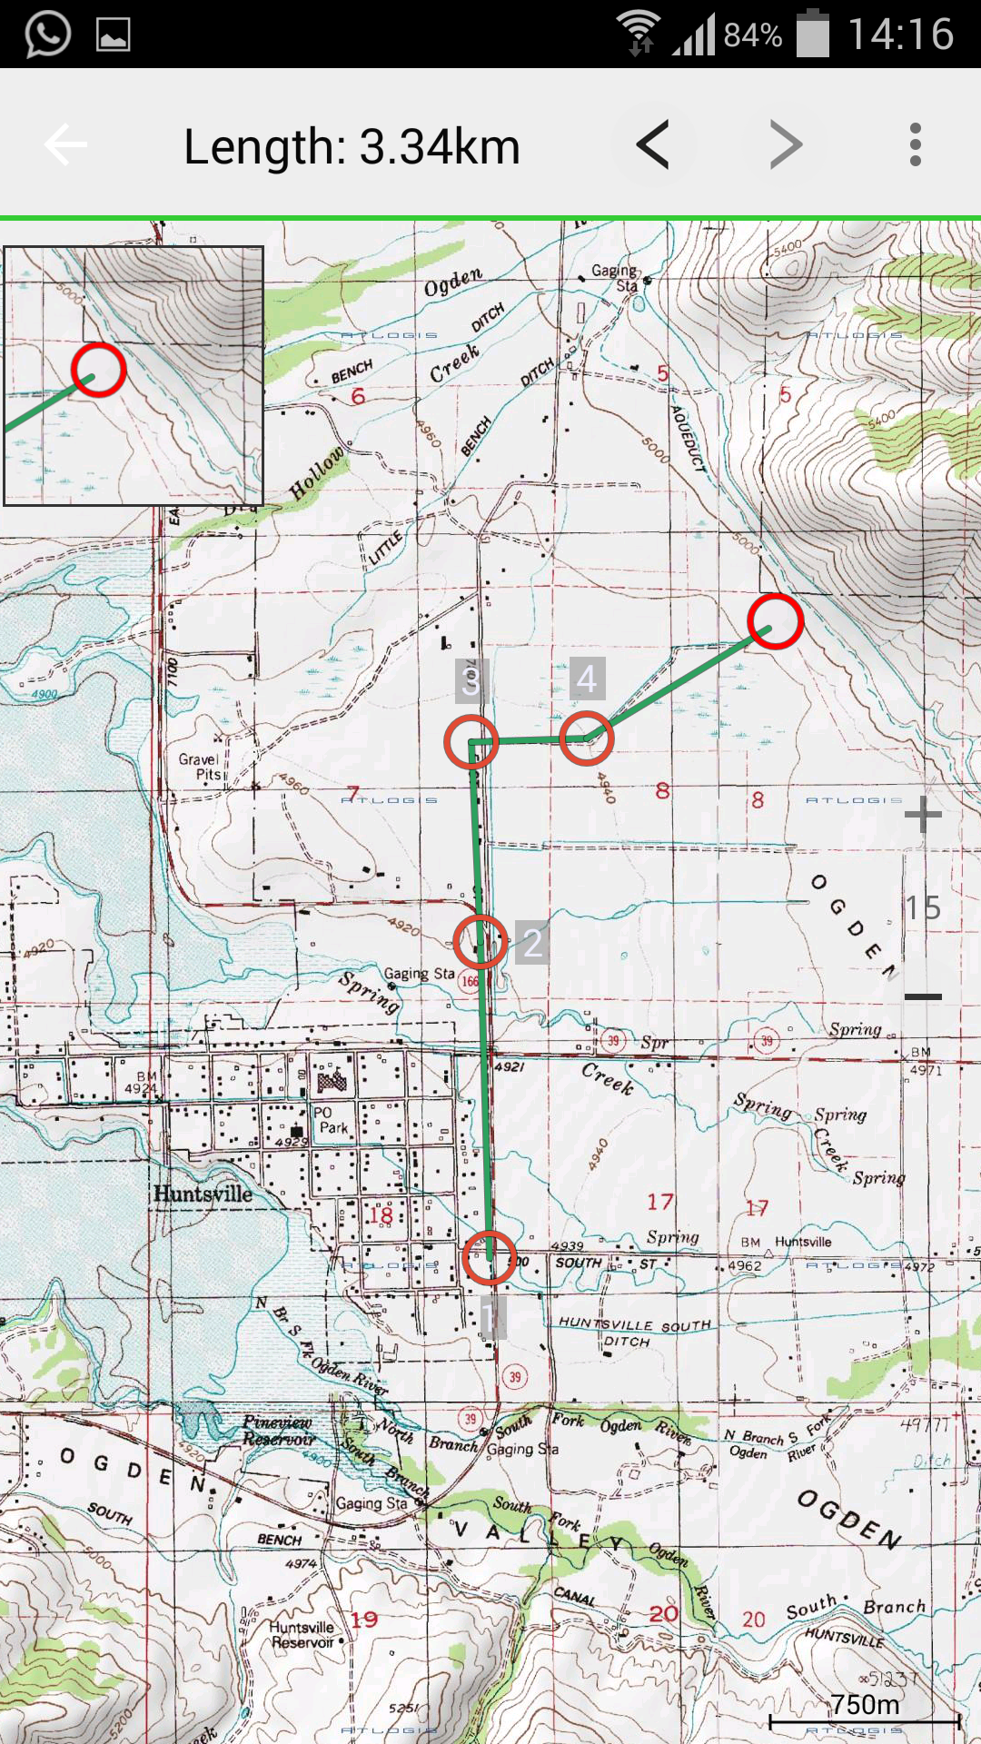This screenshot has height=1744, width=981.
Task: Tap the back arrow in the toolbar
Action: (65, 145)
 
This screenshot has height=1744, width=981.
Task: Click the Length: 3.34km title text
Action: (352, 146)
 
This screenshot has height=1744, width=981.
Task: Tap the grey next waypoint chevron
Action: (786, 145)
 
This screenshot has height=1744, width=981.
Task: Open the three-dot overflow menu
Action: (915, 145)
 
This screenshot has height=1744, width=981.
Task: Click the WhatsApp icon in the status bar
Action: (47, 35)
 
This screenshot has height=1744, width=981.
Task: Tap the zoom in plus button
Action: (923, 814)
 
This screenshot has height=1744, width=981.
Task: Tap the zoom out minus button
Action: (923, 996)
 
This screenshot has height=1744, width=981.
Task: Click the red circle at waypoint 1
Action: (490, 1257)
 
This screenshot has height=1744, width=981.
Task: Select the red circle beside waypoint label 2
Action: (480, 942)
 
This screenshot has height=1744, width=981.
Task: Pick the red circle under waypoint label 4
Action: (587, 739)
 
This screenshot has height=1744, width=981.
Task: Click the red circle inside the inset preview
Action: (98, 370)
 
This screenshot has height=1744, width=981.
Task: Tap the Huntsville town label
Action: (203, 1194)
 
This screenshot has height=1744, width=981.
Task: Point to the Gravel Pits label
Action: (199, 767)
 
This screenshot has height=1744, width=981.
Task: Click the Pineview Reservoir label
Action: (278, 1431)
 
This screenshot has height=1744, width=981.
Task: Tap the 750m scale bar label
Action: (865, 1704)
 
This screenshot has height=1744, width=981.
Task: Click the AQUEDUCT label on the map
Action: (689, 436)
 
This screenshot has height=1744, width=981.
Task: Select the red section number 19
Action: (364, 1619)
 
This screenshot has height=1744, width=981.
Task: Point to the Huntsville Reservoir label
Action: (302, 1634)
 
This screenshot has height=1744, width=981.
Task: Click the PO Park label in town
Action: (331, 1120)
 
